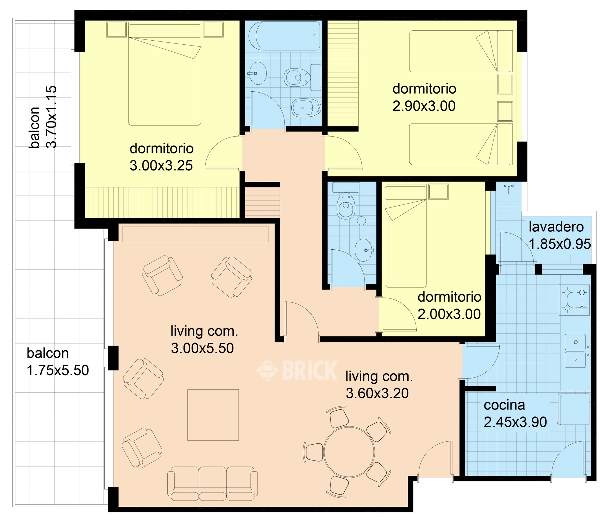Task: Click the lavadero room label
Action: click(x=556, y=227)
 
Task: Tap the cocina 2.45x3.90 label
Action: click(x=515, y=414)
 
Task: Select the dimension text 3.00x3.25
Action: click(x=161, y=166)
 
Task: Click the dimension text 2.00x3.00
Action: click(x=449, y=314)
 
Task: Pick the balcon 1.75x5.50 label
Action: click(x=58, y=362)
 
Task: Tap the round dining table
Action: click(x=349, y=452)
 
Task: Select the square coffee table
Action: click(x=213, y=415)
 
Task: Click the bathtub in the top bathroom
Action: click(x=284, y=36)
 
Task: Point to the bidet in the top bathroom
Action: click(x=306, y=108)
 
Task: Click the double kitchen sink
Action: click(x=575, y=351)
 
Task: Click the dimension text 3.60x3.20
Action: click(x=377, y=394)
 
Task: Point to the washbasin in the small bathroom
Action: click(x=364, y=250)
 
